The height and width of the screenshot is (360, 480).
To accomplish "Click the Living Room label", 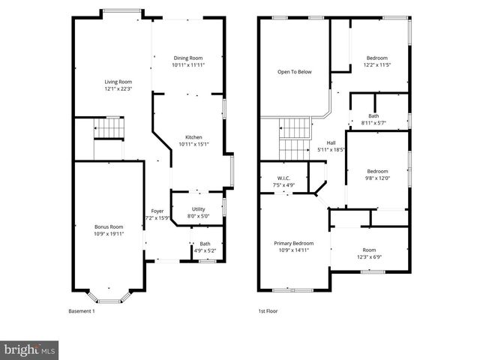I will click(118, 82).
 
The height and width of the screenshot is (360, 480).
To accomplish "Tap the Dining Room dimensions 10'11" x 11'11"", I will click(188, 65).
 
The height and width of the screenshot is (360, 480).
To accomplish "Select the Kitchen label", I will click(193, 137).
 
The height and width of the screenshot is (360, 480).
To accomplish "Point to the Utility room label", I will click(198, 208).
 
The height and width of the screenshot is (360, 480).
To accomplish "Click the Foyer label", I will click(157, 211).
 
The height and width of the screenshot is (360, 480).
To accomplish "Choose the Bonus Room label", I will click(108, 226).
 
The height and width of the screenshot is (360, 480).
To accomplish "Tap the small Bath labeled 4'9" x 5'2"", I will click(205, 243).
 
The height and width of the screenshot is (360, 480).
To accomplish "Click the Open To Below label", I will click(294, 72).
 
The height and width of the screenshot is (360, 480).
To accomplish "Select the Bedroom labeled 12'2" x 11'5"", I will click(376, 58).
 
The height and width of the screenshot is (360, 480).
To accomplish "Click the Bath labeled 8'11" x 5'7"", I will click(373, 115).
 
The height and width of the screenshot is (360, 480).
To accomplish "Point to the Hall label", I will click(331, 142).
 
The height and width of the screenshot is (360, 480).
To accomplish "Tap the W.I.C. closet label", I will click(283, 178).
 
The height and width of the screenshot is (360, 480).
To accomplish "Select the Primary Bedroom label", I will click(293, 244).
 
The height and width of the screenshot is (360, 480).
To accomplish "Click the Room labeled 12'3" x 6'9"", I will click(369, 250).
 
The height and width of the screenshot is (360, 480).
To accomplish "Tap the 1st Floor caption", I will click(268, 310).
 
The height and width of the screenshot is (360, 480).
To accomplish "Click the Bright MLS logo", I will click(30, 349).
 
